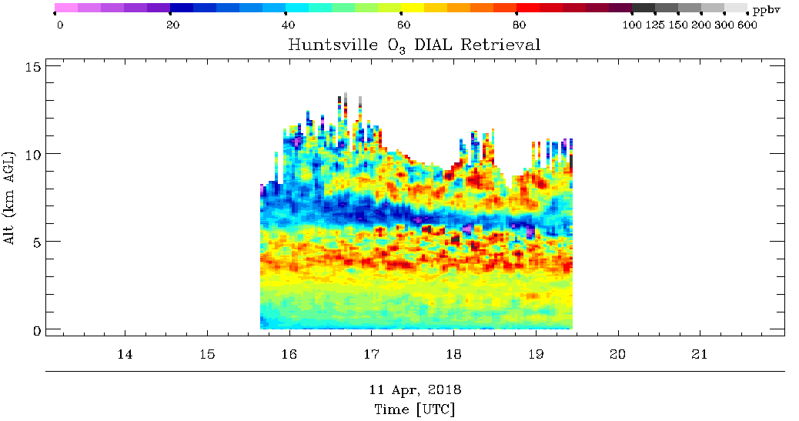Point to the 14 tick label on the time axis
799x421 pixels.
click(125, 354)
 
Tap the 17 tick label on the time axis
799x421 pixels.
click(372, 354)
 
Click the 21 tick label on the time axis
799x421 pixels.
click(700, 354)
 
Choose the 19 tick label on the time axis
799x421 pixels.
click(536, 354)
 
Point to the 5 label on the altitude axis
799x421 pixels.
click(37, 242)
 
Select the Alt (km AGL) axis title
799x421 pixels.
click(10, 197)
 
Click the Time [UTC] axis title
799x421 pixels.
click(414, 409)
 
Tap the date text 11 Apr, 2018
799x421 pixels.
click(415, 390)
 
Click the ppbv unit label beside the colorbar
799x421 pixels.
click(767, 9)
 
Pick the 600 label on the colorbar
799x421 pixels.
click(747, 25)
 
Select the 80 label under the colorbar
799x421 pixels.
click(519, 25)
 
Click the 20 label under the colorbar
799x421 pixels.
click(172, 25)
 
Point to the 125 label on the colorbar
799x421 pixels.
click(655, 25)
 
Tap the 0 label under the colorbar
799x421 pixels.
click(60, 25)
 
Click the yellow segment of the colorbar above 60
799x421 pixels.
click(413, 8)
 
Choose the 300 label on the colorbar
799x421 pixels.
click(724, 25)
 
